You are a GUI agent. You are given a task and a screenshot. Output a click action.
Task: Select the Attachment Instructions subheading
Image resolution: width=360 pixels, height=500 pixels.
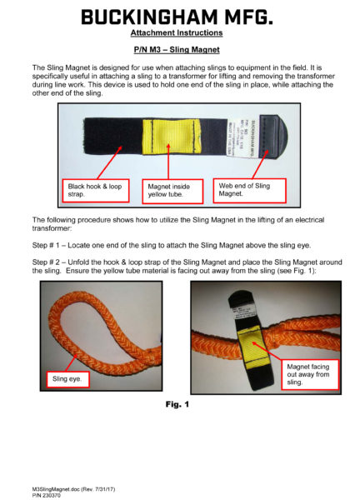tap(177, 33)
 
